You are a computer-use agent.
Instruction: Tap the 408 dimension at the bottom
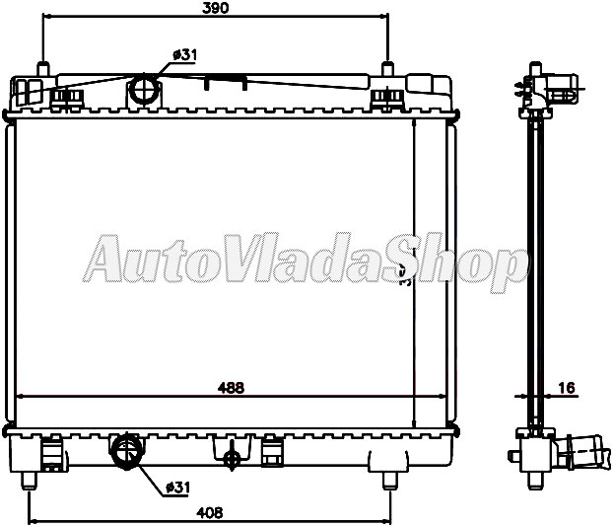point(208,512)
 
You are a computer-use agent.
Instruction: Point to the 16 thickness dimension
point(567,389)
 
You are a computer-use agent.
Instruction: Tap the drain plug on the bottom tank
point(233,457)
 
